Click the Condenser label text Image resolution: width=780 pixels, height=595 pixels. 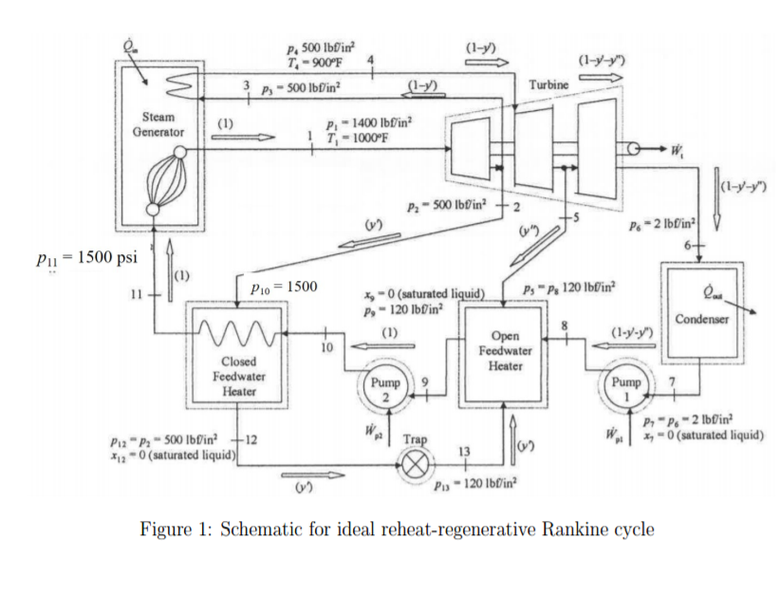[x=702, y=320]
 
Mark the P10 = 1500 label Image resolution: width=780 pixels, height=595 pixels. [x=284, y=288]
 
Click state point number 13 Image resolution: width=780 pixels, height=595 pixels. [x=464, y=453]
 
